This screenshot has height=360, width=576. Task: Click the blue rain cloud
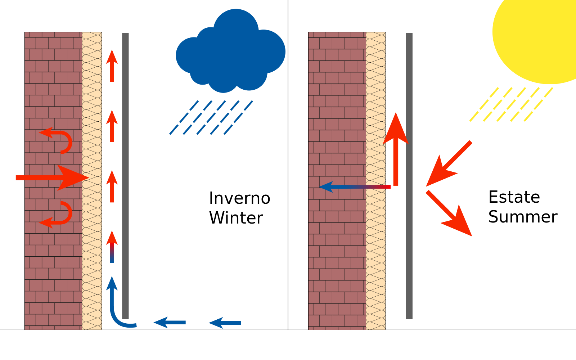pos(230,54)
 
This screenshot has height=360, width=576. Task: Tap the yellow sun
pos(536,36)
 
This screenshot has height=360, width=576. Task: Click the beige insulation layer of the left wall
pos(92,108)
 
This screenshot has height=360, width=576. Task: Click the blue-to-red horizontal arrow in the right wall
pos(355,187)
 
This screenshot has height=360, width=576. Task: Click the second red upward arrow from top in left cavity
pos(112,126)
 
